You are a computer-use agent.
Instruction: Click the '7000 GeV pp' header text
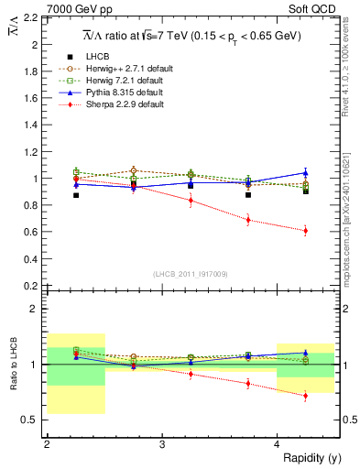pos(40,7)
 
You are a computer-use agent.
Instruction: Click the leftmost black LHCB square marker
pos(76,195)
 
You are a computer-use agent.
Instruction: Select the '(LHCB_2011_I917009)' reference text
pos(191,273)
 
